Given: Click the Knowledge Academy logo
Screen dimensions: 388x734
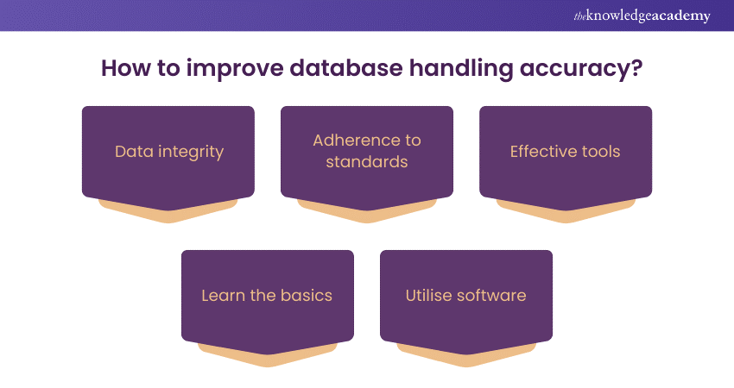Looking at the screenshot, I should pyautogui.click(x=642, y=16).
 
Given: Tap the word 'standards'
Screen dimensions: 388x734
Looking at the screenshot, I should pyautogui.click(x=367, y=161).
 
